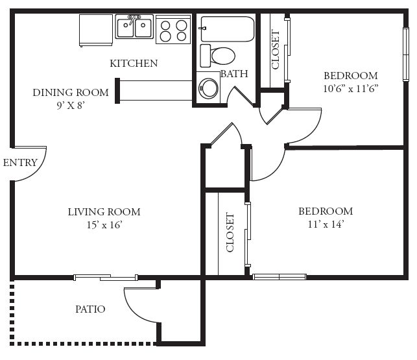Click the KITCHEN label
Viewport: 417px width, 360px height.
tap(134, 64)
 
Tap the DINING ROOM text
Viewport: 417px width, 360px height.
tap(71, 93)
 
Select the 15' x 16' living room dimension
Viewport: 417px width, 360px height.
tap(104, 225)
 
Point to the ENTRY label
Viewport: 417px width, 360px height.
tap(20, 163)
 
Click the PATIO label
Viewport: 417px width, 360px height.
tap(90, 309)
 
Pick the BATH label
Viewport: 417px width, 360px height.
tap(234, 74)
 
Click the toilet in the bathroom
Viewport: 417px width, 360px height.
tap(217, 56)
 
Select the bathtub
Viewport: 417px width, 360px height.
tap(228, 29)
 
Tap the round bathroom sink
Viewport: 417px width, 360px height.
tap(209, 88)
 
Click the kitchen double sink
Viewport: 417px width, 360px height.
tap(134, 27)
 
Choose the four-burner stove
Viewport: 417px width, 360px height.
tap(173, 30)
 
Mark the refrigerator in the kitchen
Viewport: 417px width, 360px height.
tap(96, 30)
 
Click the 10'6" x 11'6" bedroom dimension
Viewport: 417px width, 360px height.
tap(351, 89)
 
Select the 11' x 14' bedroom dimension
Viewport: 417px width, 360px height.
tap(326, 224)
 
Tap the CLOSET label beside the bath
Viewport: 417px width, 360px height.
tap(276, 49)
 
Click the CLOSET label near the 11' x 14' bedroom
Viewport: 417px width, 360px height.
tap(230, 232)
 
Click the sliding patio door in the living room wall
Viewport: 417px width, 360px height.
tap(106, 278)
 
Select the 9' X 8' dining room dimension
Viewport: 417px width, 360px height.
tap(71, 106)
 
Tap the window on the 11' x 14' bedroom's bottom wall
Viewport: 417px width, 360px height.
tap(280, 277)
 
